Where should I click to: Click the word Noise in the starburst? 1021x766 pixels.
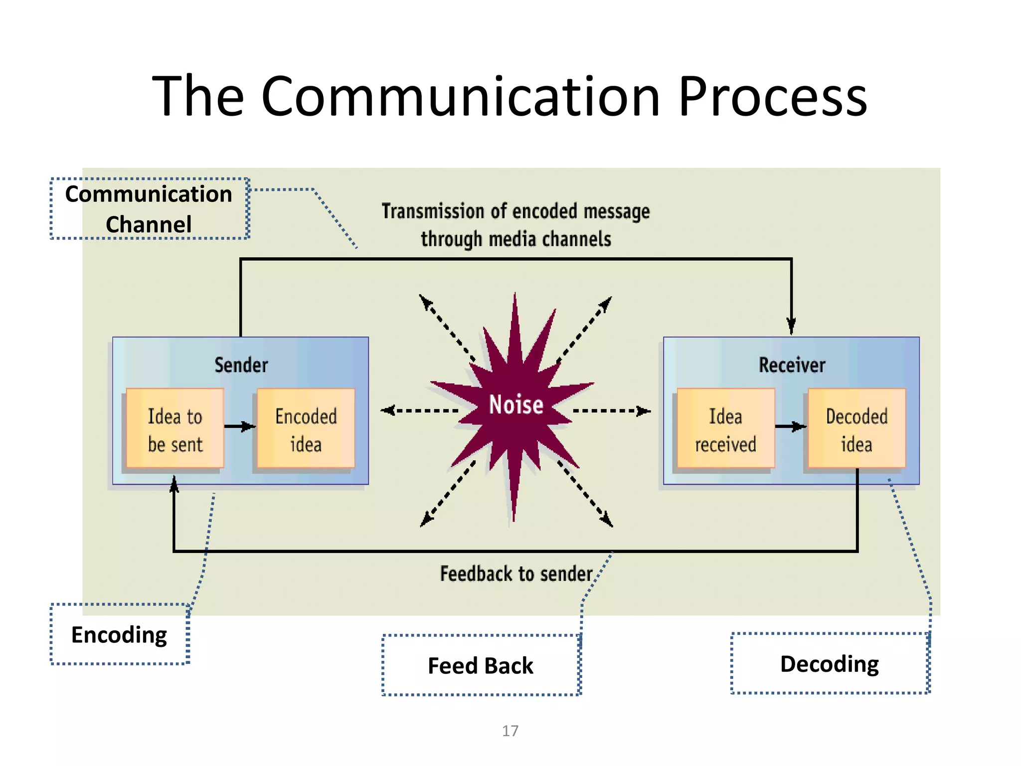516,404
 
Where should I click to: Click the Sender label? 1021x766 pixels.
241,365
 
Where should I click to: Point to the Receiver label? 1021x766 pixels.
792,365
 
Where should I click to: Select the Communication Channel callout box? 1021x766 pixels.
149,208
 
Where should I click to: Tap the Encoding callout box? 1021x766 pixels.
120,634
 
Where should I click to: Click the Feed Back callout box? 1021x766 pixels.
481,665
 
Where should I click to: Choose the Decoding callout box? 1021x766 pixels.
830,663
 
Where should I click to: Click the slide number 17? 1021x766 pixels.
510,731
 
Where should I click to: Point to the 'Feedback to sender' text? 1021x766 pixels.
516,574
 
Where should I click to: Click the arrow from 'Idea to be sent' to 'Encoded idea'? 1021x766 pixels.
240,426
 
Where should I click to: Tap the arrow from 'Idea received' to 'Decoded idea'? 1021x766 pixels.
791,426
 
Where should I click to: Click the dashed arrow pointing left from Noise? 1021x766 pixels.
419,410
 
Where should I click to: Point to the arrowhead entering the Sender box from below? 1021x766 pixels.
174,484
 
